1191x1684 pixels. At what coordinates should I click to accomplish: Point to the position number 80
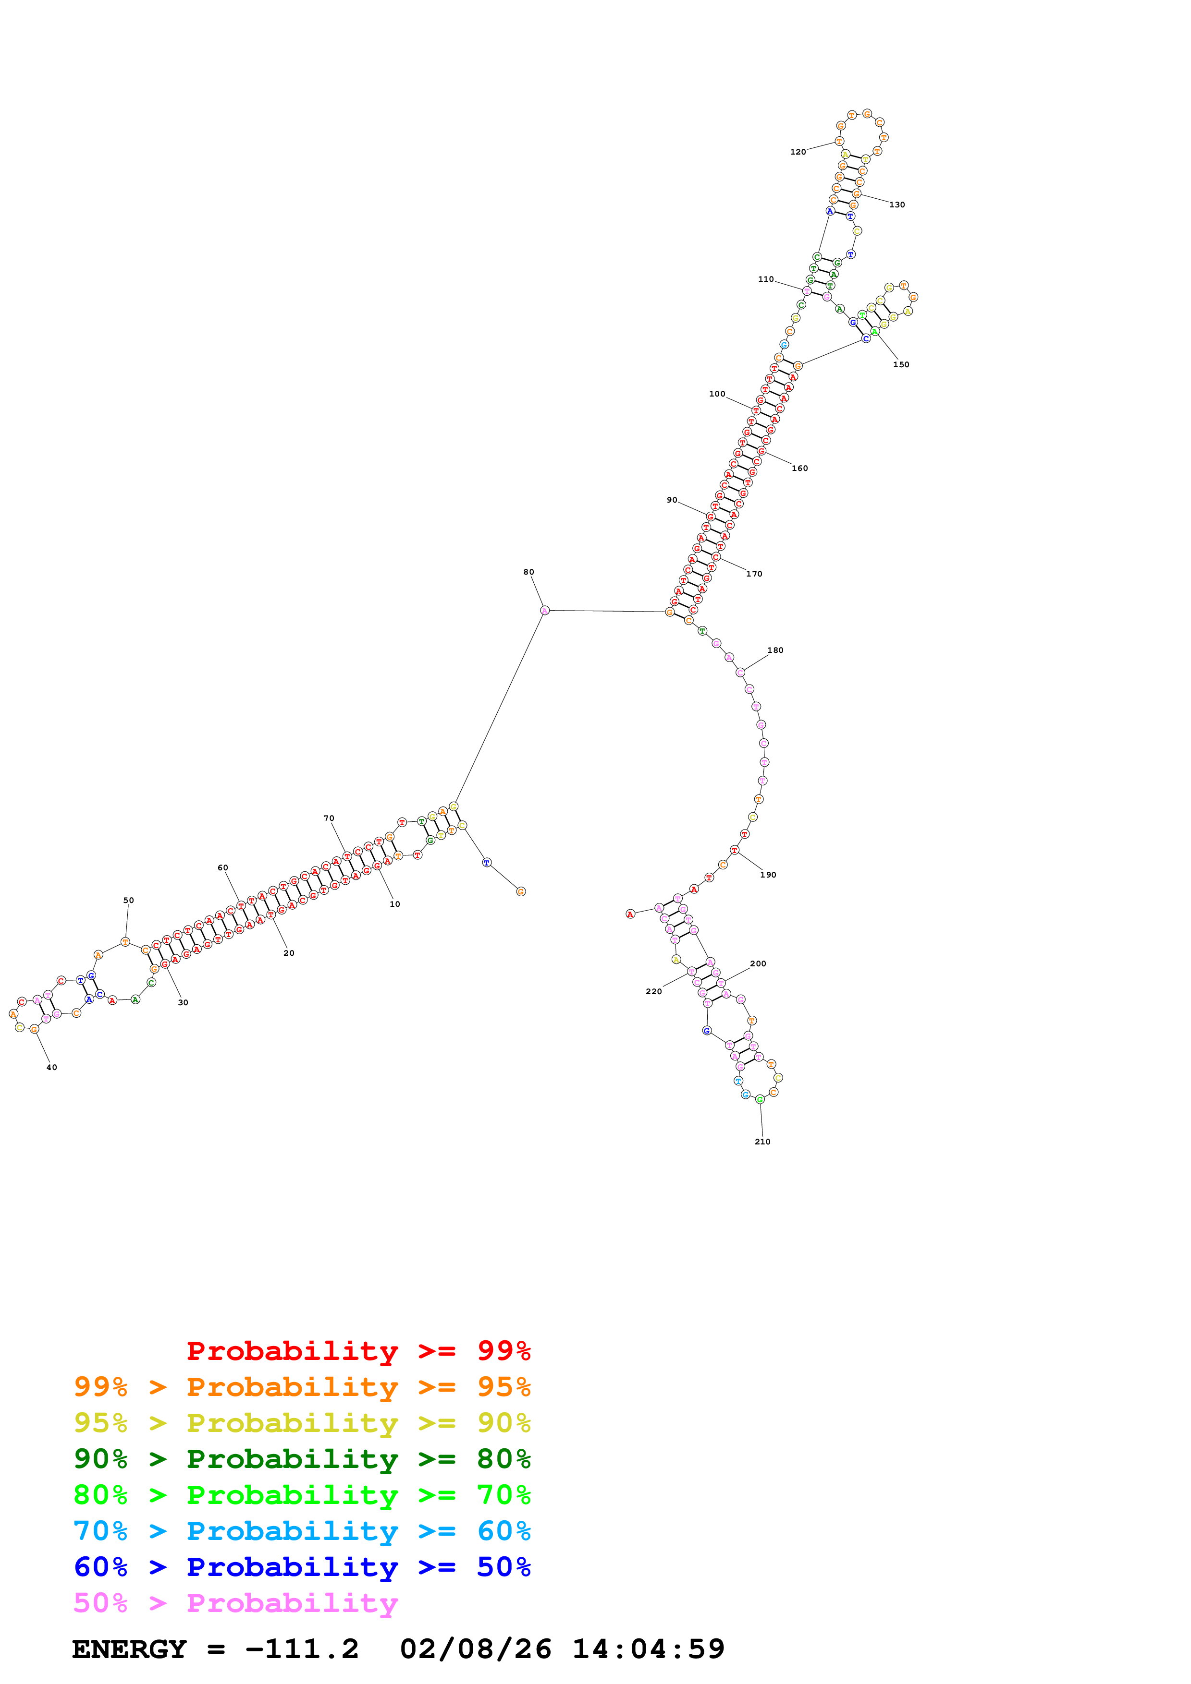(528, 572)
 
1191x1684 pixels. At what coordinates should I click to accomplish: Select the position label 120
(798, 152)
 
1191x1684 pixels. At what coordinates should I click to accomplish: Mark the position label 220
(653, 992)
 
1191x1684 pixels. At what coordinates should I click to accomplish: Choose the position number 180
(775, 650)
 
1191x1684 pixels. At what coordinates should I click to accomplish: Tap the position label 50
(128, 900)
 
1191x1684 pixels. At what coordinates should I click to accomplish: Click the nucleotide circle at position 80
(544, 610)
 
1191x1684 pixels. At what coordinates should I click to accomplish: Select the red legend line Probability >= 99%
(358, 1351)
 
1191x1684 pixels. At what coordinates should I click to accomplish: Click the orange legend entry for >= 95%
(302, 1387)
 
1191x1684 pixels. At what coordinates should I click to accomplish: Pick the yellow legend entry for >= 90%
(302, 1423)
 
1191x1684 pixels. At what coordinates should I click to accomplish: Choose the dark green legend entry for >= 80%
(302, 1459)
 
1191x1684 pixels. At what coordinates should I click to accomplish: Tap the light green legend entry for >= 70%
(302, 1495)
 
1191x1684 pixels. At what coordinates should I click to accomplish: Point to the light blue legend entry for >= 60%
(302, 1531)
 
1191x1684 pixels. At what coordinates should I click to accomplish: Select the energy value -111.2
(302, 1649)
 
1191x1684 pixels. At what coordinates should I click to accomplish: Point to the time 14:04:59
(648, 1649)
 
